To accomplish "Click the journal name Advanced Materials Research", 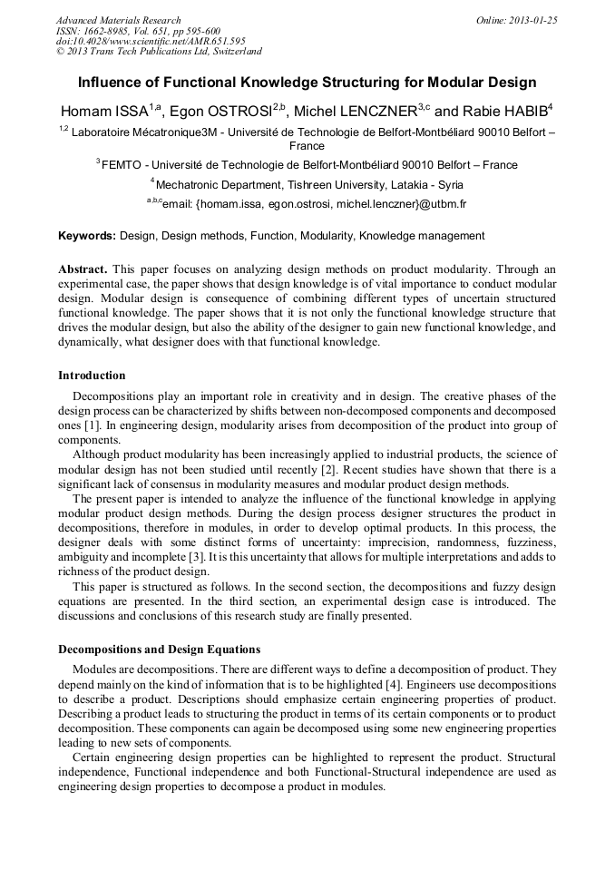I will click(118, 20).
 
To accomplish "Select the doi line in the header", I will click(151, 41).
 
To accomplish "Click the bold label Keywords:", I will click(87, 236).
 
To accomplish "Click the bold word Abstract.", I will click(83, 270).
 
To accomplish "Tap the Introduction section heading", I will click(92, 375).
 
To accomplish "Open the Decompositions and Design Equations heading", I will click(159, 650).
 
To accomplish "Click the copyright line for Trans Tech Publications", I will click(159, 52).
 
